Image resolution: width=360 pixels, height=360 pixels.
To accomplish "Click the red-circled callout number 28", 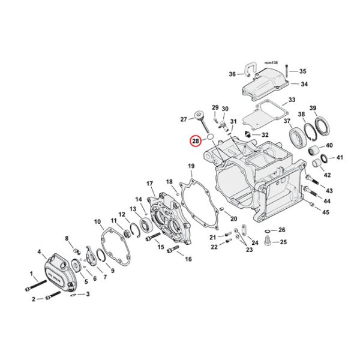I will [196, 141].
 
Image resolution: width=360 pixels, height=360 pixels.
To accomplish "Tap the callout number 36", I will [232, 74].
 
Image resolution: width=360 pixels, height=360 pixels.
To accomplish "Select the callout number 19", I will [191, 166].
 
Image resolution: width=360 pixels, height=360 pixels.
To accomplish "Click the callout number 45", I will [326, 212].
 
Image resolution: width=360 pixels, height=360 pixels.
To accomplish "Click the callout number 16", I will [188, 259].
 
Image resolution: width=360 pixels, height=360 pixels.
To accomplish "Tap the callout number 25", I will [284, 242].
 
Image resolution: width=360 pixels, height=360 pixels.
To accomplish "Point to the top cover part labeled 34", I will [265, 88].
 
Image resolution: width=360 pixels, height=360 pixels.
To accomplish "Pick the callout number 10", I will [98, 222].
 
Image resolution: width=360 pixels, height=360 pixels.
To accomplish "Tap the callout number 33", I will [292, 100].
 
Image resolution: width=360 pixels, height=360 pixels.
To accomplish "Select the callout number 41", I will [339, 158].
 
